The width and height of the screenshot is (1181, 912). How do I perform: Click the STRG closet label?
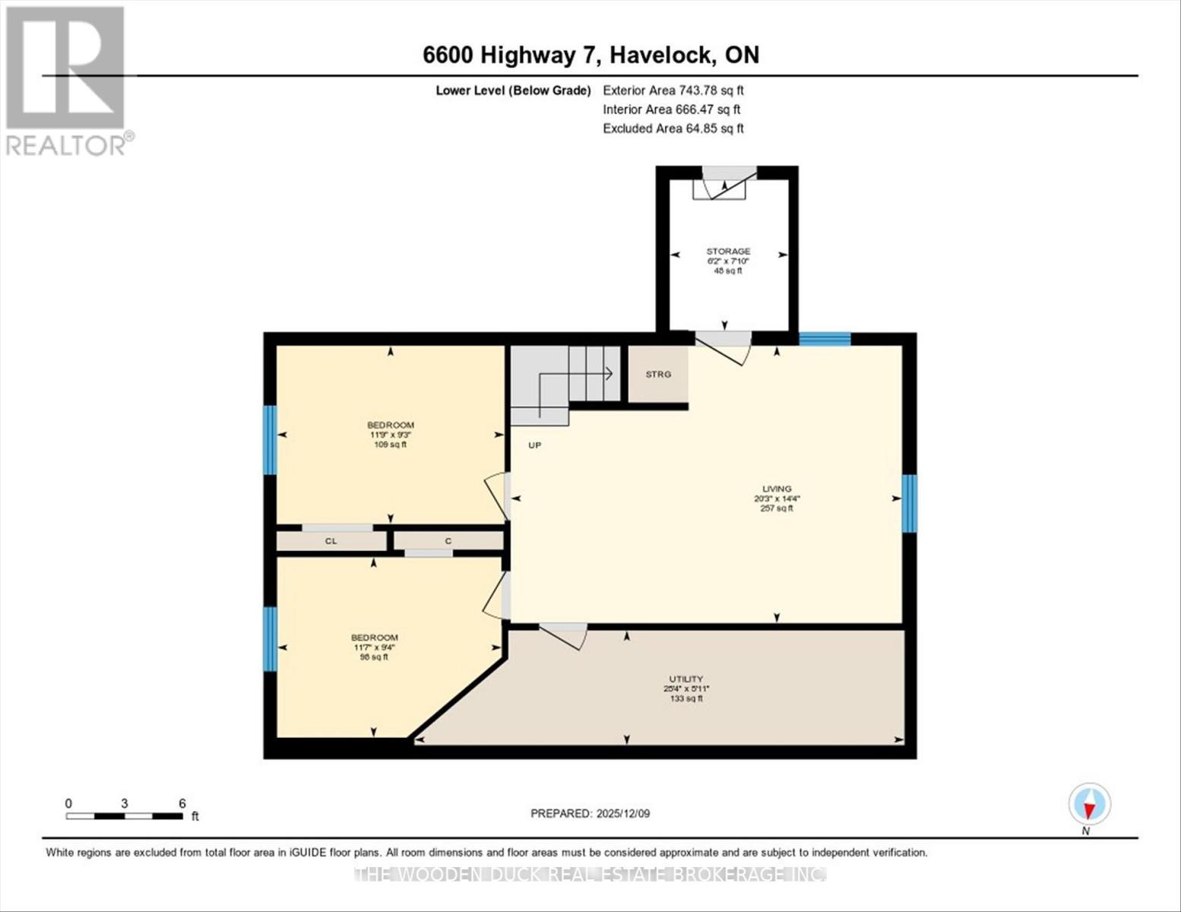658,374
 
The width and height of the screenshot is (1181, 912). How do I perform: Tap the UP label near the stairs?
535,445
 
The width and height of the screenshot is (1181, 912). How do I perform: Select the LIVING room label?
777,489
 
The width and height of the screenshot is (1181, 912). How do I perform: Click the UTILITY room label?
685,679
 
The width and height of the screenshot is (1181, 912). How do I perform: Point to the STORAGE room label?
728,251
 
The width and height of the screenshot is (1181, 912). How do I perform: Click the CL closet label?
331,541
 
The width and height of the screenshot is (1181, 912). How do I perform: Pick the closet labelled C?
448,541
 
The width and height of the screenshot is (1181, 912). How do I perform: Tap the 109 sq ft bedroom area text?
391,445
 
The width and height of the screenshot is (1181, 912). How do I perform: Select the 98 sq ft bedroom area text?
374,657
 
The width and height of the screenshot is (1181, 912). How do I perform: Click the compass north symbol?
1090,804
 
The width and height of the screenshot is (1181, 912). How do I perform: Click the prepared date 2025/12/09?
590,813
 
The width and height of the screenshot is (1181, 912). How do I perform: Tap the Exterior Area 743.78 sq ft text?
673,90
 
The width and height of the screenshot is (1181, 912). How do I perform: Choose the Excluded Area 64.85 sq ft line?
673,128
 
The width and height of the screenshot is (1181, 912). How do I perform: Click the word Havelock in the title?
662,55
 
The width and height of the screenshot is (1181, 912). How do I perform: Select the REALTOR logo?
67,80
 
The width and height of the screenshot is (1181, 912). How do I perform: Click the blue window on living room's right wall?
910,503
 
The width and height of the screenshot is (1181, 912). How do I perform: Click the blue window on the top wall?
825,340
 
